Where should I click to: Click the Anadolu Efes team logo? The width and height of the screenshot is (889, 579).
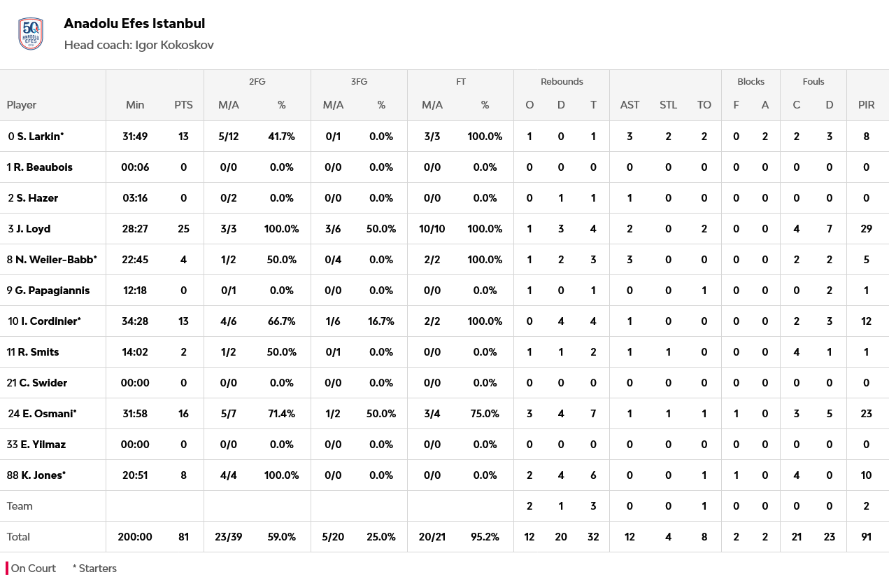31,34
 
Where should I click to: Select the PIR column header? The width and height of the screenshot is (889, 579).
866,105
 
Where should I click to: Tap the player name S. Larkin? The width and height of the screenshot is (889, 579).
40,137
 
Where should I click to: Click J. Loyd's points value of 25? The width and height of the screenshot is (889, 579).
183,229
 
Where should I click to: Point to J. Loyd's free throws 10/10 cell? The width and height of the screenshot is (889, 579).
432,229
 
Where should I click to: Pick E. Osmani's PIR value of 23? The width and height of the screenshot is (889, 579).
866,414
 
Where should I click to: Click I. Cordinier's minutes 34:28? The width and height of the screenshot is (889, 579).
135,321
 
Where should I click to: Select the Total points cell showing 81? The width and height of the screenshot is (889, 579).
183,537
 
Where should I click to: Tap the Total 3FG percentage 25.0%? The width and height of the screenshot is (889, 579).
381,537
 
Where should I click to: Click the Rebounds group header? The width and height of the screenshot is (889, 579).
562,82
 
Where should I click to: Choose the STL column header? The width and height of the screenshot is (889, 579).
668,105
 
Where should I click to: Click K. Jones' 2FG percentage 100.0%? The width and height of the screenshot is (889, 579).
281,475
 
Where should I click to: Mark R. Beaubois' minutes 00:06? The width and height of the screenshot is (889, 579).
135,167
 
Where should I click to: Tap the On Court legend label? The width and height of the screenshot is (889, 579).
33,568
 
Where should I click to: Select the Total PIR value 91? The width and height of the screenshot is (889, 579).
866,537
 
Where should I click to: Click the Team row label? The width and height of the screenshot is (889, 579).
20,506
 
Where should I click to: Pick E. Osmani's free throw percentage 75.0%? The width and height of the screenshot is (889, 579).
485,414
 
